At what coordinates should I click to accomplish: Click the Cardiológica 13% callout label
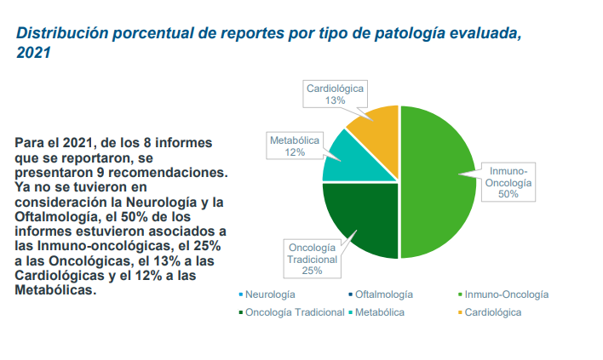click(335, 94)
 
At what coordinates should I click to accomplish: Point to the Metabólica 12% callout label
click(295, 146)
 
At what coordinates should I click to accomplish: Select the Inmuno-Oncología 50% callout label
click(508, 182)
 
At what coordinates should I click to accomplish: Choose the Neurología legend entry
click(269, 294)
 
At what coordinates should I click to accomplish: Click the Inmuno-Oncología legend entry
click(508, 294)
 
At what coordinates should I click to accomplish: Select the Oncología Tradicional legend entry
click(295, 312)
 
